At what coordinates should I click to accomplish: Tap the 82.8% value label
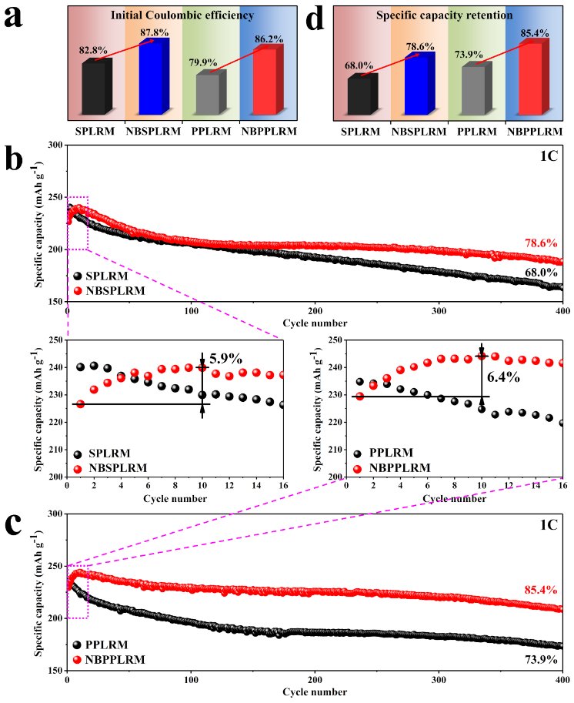click(93, 50)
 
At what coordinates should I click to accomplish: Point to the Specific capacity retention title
click(446, 15)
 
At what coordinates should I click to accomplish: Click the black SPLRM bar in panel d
click(363, 94)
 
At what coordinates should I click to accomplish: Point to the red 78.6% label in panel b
click(543, 243)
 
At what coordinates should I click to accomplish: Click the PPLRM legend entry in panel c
click(103, 644)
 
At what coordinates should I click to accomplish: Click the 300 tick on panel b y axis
click(54, 145)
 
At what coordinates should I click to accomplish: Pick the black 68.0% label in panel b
click(543, 272)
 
